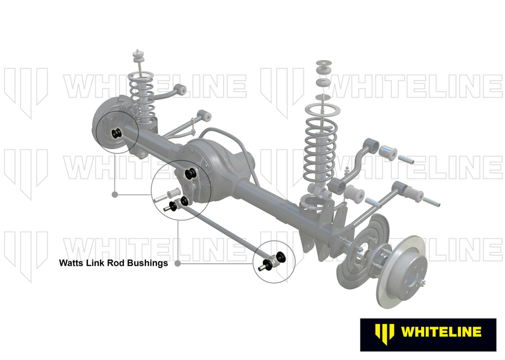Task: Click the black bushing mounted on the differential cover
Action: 191,173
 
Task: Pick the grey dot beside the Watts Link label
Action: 178,263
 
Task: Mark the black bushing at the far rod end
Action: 281,256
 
